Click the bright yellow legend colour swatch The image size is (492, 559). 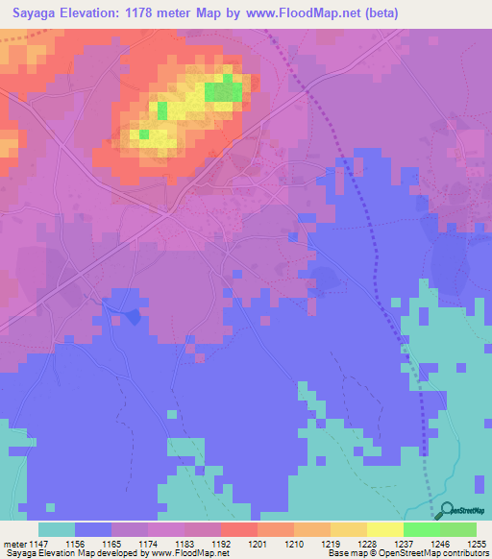click(x=384, y=529)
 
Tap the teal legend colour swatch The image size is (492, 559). click(x=56, y=529)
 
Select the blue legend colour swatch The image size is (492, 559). click(x=92, y=529)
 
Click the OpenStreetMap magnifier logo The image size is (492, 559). click(x=446, y=511)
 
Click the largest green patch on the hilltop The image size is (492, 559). click(x=223, y=92)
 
